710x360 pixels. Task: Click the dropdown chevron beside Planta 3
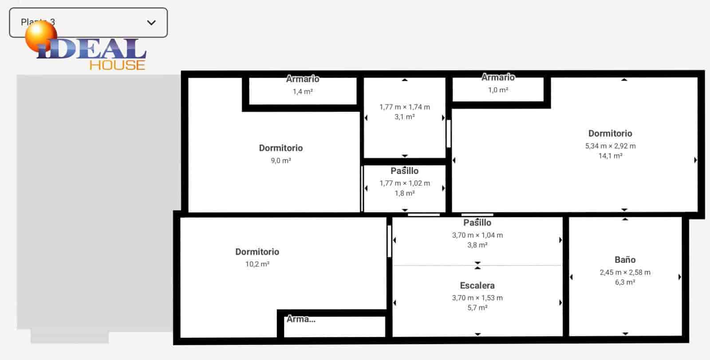tap(151, 22)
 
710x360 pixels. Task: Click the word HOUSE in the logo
tap(117, 65)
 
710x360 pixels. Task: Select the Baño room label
tap(625, 260)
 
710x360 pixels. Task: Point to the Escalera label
tap(477, 285)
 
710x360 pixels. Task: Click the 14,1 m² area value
tap(610, 156)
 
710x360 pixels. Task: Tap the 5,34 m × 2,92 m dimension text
tap(610, 146)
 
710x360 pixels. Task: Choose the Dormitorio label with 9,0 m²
tap(280, 148)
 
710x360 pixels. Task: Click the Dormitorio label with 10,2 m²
tap(257, 252)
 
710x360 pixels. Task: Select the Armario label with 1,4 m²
tap(303, 79)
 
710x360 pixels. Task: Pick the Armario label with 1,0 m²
tap(498, 77)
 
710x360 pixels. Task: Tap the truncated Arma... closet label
tap(301, 319)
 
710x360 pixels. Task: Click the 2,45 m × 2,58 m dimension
tap(625, 272)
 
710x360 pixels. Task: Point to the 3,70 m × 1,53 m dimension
tap(477, 298)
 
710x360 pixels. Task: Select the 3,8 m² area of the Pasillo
tap(477, 245)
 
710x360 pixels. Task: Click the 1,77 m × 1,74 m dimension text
tap(404, 107)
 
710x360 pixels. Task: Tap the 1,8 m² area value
tap(404, 194)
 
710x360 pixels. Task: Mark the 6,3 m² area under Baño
tap(625, 282)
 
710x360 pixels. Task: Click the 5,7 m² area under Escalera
tap(477, 308)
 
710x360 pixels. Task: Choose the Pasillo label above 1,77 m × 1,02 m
tap(404, 171)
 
